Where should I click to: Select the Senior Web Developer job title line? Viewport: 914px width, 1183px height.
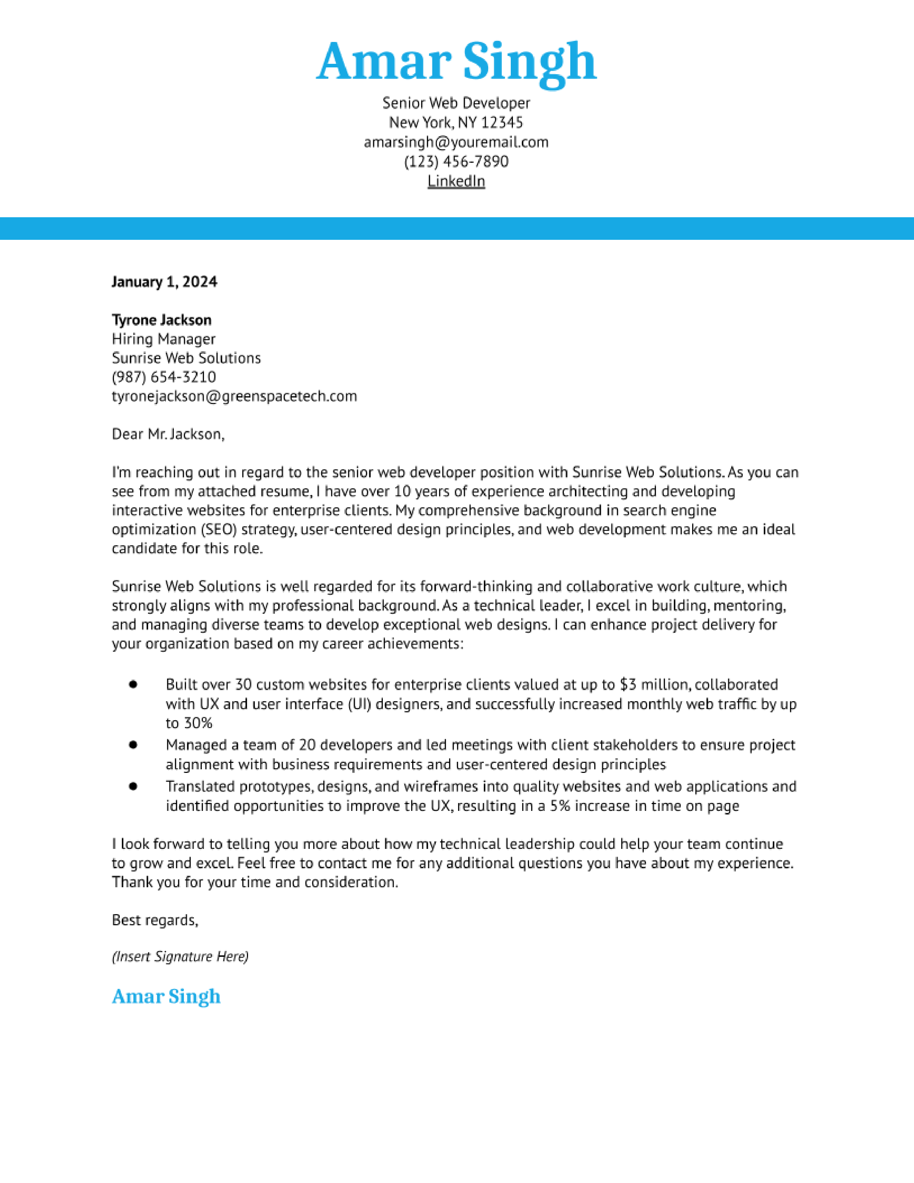click(456, 103)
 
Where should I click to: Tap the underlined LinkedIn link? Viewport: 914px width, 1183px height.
click(456, 181)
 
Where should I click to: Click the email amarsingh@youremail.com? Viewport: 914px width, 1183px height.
click(456, 142)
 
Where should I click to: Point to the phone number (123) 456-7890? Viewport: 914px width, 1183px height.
click(456, 161)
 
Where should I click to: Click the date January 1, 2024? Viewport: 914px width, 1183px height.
click(164, 282)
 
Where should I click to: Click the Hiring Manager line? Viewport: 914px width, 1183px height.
click(163, 339)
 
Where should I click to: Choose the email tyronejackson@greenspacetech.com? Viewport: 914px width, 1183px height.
click(234, 396)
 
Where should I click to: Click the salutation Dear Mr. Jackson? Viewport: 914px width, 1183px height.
click(168, 434)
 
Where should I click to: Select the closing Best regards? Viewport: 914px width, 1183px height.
click(155, 920)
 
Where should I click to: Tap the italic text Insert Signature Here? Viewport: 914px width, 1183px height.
click(180, 956)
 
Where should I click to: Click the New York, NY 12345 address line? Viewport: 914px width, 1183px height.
click(456, 122)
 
